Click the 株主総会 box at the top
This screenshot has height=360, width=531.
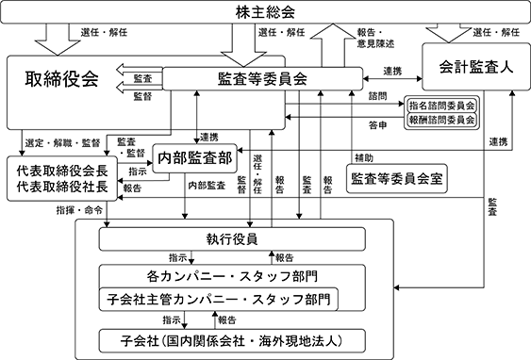265,12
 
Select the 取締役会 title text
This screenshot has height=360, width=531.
61,79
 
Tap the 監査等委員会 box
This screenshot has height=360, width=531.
262,79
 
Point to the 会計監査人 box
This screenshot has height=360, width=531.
475,67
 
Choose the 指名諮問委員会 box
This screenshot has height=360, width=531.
441,106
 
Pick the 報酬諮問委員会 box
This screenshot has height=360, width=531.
441,120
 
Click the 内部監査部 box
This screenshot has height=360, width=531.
194,158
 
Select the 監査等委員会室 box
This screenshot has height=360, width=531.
396,178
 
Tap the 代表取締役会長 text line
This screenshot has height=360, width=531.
62,171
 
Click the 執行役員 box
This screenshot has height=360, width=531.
232,239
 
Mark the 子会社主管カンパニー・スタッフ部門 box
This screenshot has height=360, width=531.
219,300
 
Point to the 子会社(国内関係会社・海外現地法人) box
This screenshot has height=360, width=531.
232,341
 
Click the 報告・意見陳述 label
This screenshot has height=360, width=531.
375,38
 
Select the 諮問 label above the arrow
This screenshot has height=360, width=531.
377,96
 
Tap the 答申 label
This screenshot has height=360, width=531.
377,125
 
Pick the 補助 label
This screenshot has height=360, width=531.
364,157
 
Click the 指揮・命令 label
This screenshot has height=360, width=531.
79,210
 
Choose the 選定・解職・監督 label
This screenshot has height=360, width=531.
62,143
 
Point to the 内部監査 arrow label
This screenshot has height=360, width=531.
207,186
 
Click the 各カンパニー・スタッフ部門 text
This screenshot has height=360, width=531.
232,276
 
